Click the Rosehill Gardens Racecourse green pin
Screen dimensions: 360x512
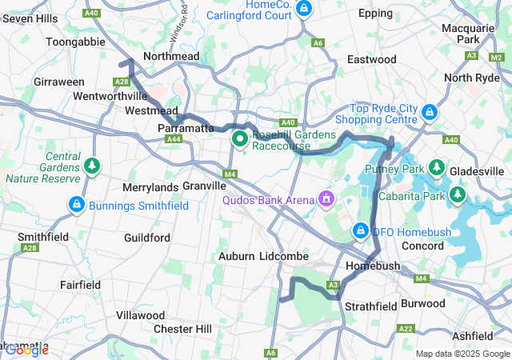click(239, 139)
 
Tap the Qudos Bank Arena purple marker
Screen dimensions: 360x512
click(325, 198)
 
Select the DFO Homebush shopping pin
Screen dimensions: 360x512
click(361, 231)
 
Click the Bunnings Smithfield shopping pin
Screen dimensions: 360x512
click(76, 205)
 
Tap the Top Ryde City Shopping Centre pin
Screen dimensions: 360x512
click(430, 112)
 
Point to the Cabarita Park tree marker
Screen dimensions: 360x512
click(457, 194)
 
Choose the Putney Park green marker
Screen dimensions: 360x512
click(437, 167)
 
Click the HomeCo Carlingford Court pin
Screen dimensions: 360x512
click(303, 9)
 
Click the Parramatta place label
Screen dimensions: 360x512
click(186, 128)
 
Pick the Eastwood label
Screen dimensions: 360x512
click(371, 59)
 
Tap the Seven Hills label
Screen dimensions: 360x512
click(30, 18)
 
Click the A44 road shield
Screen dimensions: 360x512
click(174, 139)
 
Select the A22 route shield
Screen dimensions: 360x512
click(406, 328)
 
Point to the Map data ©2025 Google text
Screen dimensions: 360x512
click(462, 354)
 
